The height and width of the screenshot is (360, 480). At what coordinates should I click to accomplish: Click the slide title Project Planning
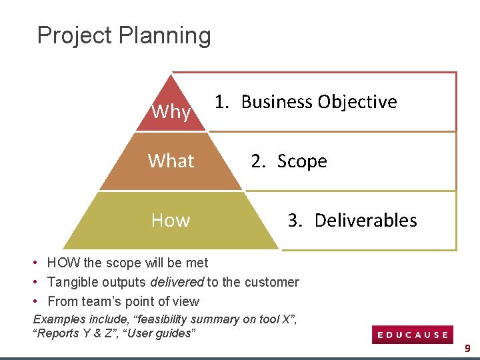tap(124, 35)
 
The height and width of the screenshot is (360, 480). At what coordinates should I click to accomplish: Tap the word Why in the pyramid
tap(171, 111)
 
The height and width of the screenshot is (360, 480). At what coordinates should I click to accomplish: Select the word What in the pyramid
tap(171, 161)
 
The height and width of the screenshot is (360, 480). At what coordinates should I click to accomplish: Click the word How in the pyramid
tap(171, 220)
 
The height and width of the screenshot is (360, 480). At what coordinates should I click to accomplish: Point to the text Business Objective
tap(319, 102)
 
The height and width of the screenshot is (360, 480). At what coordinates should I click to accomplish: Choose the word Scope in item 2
tap(302, 161)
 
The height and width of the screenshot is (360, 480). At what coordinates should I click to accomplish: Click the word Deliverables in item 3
tap(365, 221)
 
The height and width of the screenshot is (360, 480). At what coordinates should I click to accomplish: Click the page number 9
tap(467, 348)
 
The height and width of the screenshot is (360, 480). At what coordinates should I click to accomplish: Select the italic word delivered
tap(177, 283)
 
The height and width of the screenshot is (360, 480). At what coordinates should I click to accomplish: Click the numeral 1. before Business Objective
tap(222, 102)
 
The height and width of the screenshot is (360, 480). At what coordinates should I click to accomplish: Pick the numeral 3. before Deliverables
tap(296, 221)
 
